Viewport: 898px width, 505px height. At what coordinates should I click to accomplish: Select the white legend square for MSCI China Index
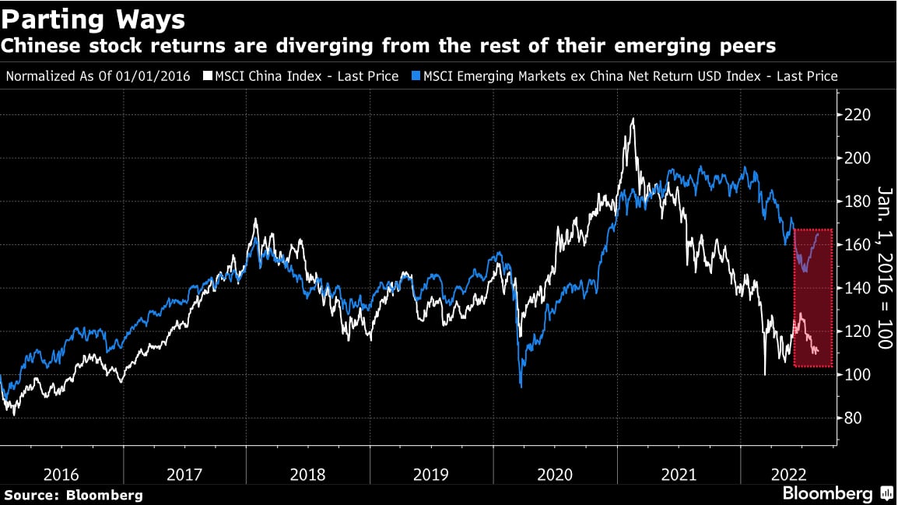point(207,76)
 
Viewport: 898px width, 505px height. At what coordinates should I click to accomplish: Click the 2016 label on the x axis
point(61,475)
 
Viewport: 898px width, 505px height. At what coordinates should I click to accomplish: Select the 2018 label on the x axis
point(308,475)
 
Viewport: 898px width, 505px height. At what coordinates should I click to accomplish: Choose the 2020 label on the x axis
point(555,475)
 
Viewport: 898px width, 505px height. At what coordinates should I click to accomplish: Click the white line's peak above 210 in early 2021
point(633,119)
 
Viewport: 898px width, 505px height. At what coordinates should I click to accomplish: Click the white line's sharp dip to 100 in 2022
point(765,374)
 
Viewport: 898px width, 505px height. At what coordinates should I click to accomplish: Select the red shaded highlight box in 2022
point(812,298)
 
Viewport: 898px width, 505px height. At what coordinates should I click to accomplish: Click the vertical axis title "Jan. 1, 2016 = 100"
point(884,267)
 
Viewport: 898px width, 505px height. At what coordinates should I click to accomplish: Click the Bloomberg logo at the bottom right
point(837,494)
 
